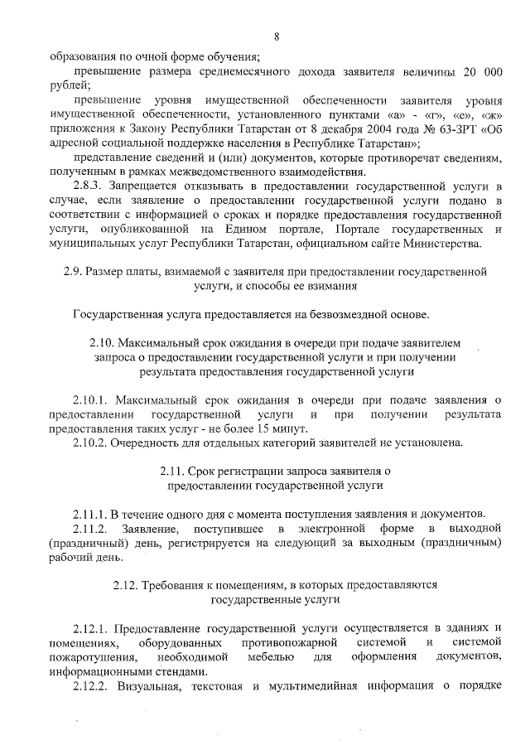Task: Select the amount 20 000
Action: [478, 72]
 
